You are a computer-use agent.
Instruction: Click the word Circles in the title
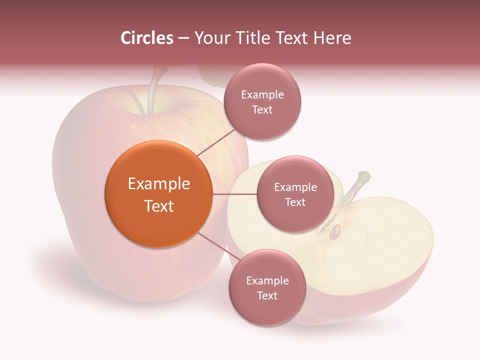(146, 38)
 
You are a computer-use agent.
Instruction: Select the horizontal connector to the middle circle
(235, 194)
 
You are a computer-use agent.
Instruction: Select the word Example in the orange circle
(159, 184)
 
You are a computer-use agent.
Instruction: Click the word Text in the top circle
(262, 109)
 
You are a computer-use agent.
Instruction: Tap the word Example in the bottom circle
(267, 281)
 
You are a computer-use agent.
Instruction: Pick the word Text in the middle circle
(295, 202)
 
